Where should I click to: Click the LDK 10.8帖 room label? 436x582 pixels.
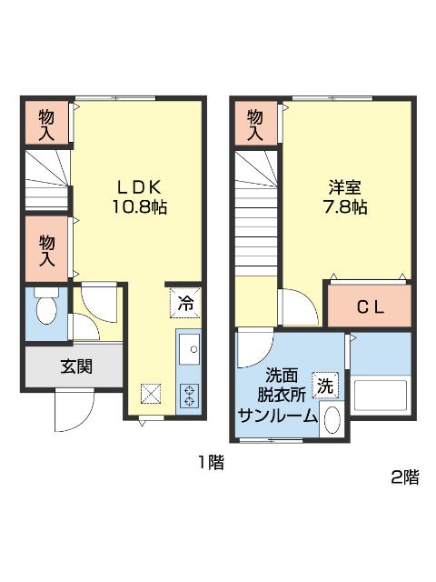point(139,197)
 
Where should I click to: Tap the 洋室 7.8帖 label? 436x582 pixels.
point(345,197)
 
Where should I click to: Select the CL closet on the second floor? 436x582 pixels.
point(370,306)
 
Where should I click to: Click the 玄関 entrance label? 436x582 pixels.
point(76,366)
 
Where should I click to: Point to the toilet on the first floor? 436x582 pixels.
point(46,307)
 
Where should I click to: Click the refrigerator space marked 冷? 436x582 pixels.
point(185,303)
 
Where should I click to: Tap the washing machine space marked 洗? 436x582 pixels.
point(325,386)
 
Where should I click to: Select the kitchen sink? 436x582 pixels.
point(189,349)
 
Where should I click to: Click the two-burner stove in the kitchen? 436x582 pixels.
point(189,396)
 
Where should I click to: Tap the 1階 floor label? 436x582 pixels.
point(211,463)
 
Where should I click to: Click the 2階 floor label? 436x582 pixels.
point(405,477)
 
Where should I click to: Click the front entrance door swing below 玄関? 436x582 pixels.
point(74,410)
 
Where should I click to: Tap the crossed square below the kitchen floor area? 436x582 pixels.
point(151,394)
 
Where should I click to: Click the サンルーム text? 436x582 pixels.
point(278,416)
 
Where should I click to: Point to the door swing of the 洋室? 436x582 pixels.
point(300,307)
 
